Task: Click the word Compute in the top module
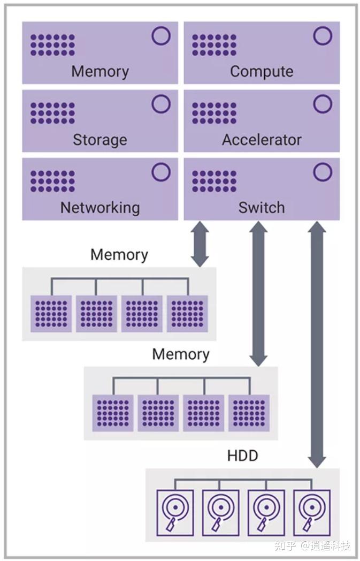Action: coord(262,72)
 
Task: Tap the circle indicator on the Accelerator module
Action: coord(323,104)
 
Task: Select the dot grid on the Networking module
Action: coord(52,181)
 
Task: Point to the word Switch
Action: coord(262,208)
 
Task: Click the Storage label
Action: coord(100,140)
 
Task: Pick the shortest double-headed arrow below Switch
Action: coord(200,244)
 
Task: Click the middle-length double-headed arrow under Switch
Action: coord(258,294)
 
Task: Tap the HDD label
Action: coord(242,456)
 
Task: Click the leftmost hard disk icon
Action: coord(174,512)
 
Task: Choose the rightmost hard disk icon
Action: coord(312,512)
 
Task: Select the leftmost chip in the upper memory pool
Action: coord(51,313)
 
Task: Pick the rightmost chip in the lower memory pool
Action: coord(249,413)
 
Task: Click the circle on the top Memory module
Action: coord(161,36)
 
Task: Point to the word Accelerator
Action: coord(262,140)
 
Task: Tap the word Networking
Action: coord(100,208)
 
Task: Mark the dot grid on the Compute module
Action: coord(215,46)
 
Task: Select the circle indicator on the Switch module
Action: coord(323,172)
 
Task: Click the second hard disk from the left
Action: coord(220,512)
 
